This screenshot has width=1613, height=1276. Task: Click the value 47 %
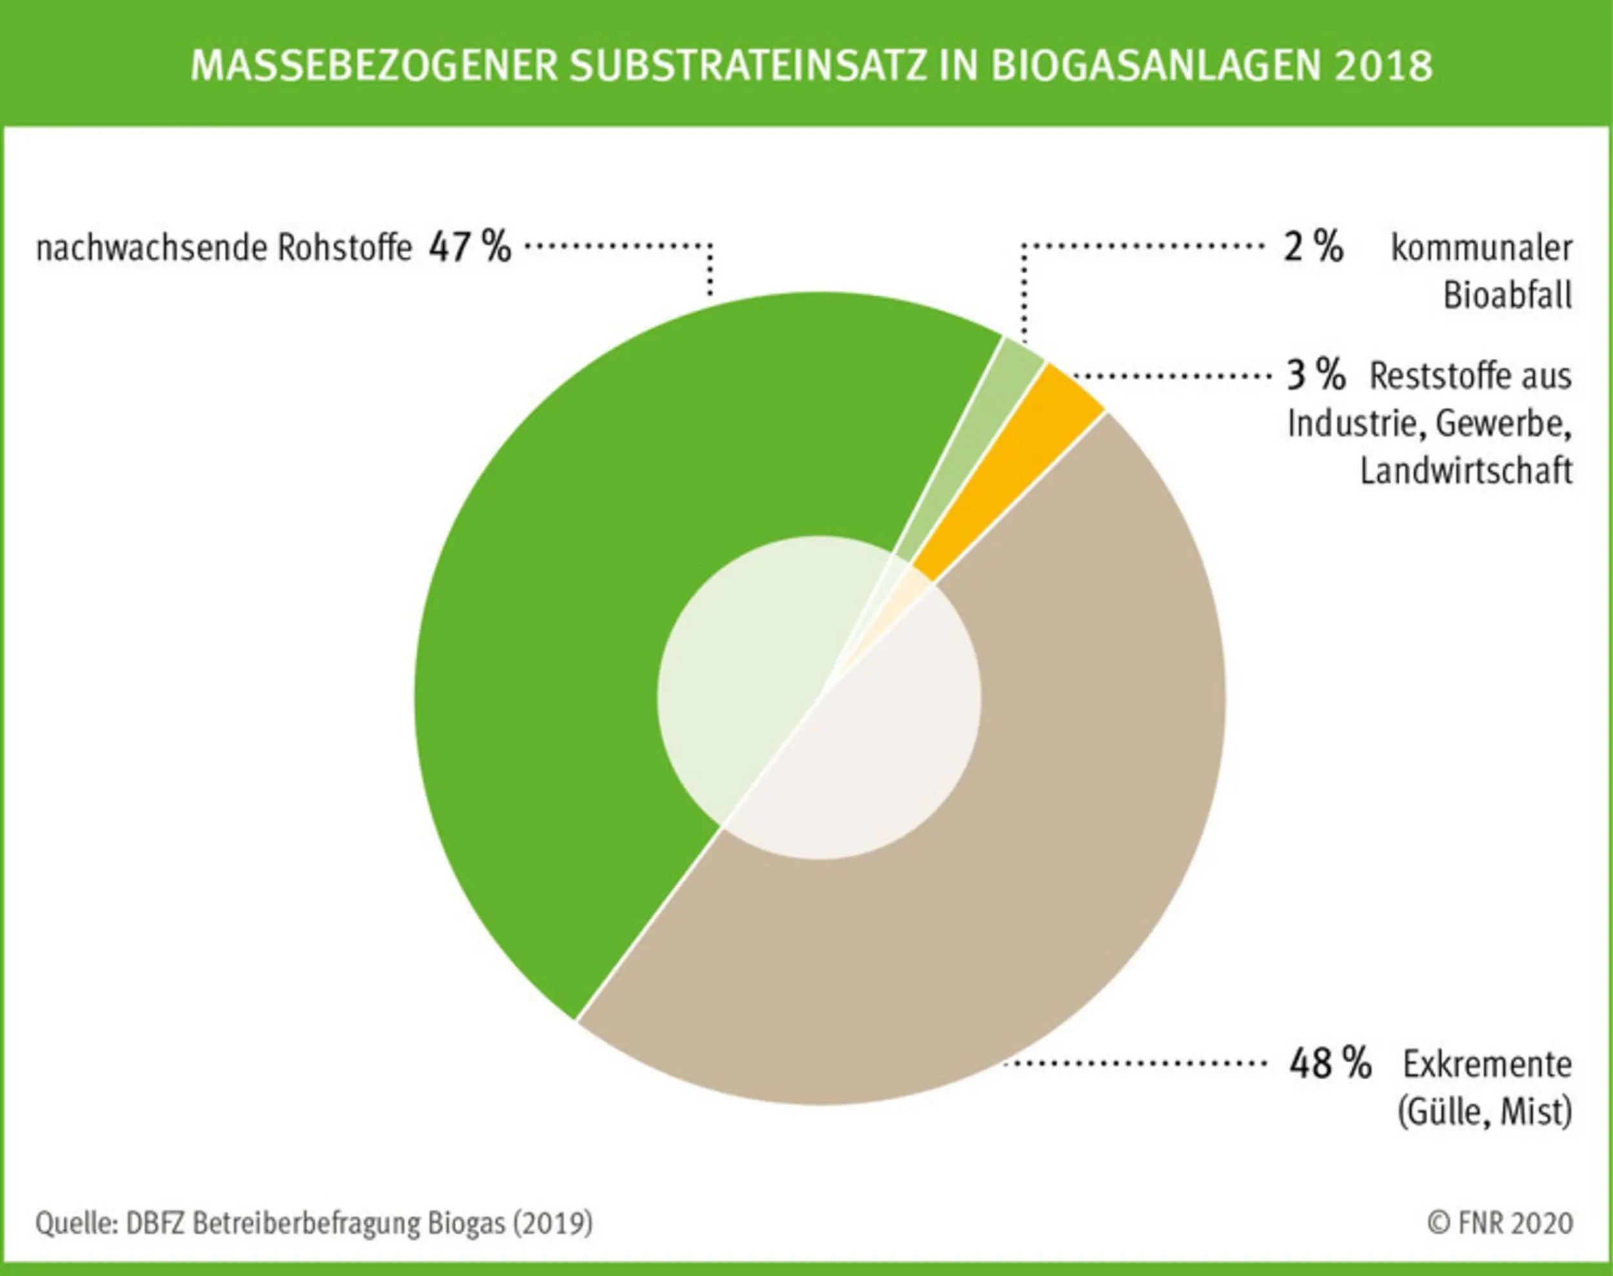click(x=470, y=247)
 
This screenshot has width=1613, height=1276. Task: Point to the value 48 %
click(x=1330, y=1063)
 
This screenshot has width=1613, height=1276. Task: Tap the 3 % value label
click(x=1315, y=375)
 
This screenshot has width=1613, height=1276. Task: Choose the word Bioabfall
click(x=1507, y=296)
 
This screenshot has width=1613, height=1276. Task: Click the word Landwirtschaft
click(x=1466, y=471)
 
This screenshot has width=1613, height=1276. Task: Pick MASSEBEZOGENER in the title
click(x=374, y=66)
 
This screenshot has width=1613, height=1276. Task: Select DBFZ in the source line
click(x=156, y=1224)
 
